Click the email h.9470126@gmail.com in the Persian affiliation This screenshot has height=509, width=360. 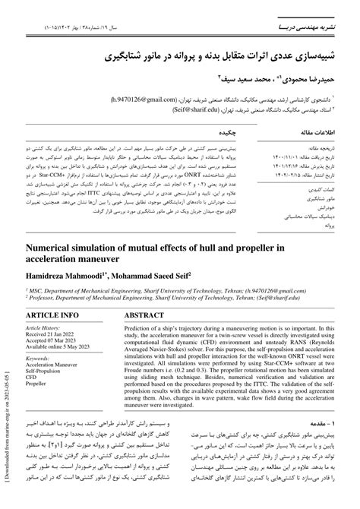click(173, 99)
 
